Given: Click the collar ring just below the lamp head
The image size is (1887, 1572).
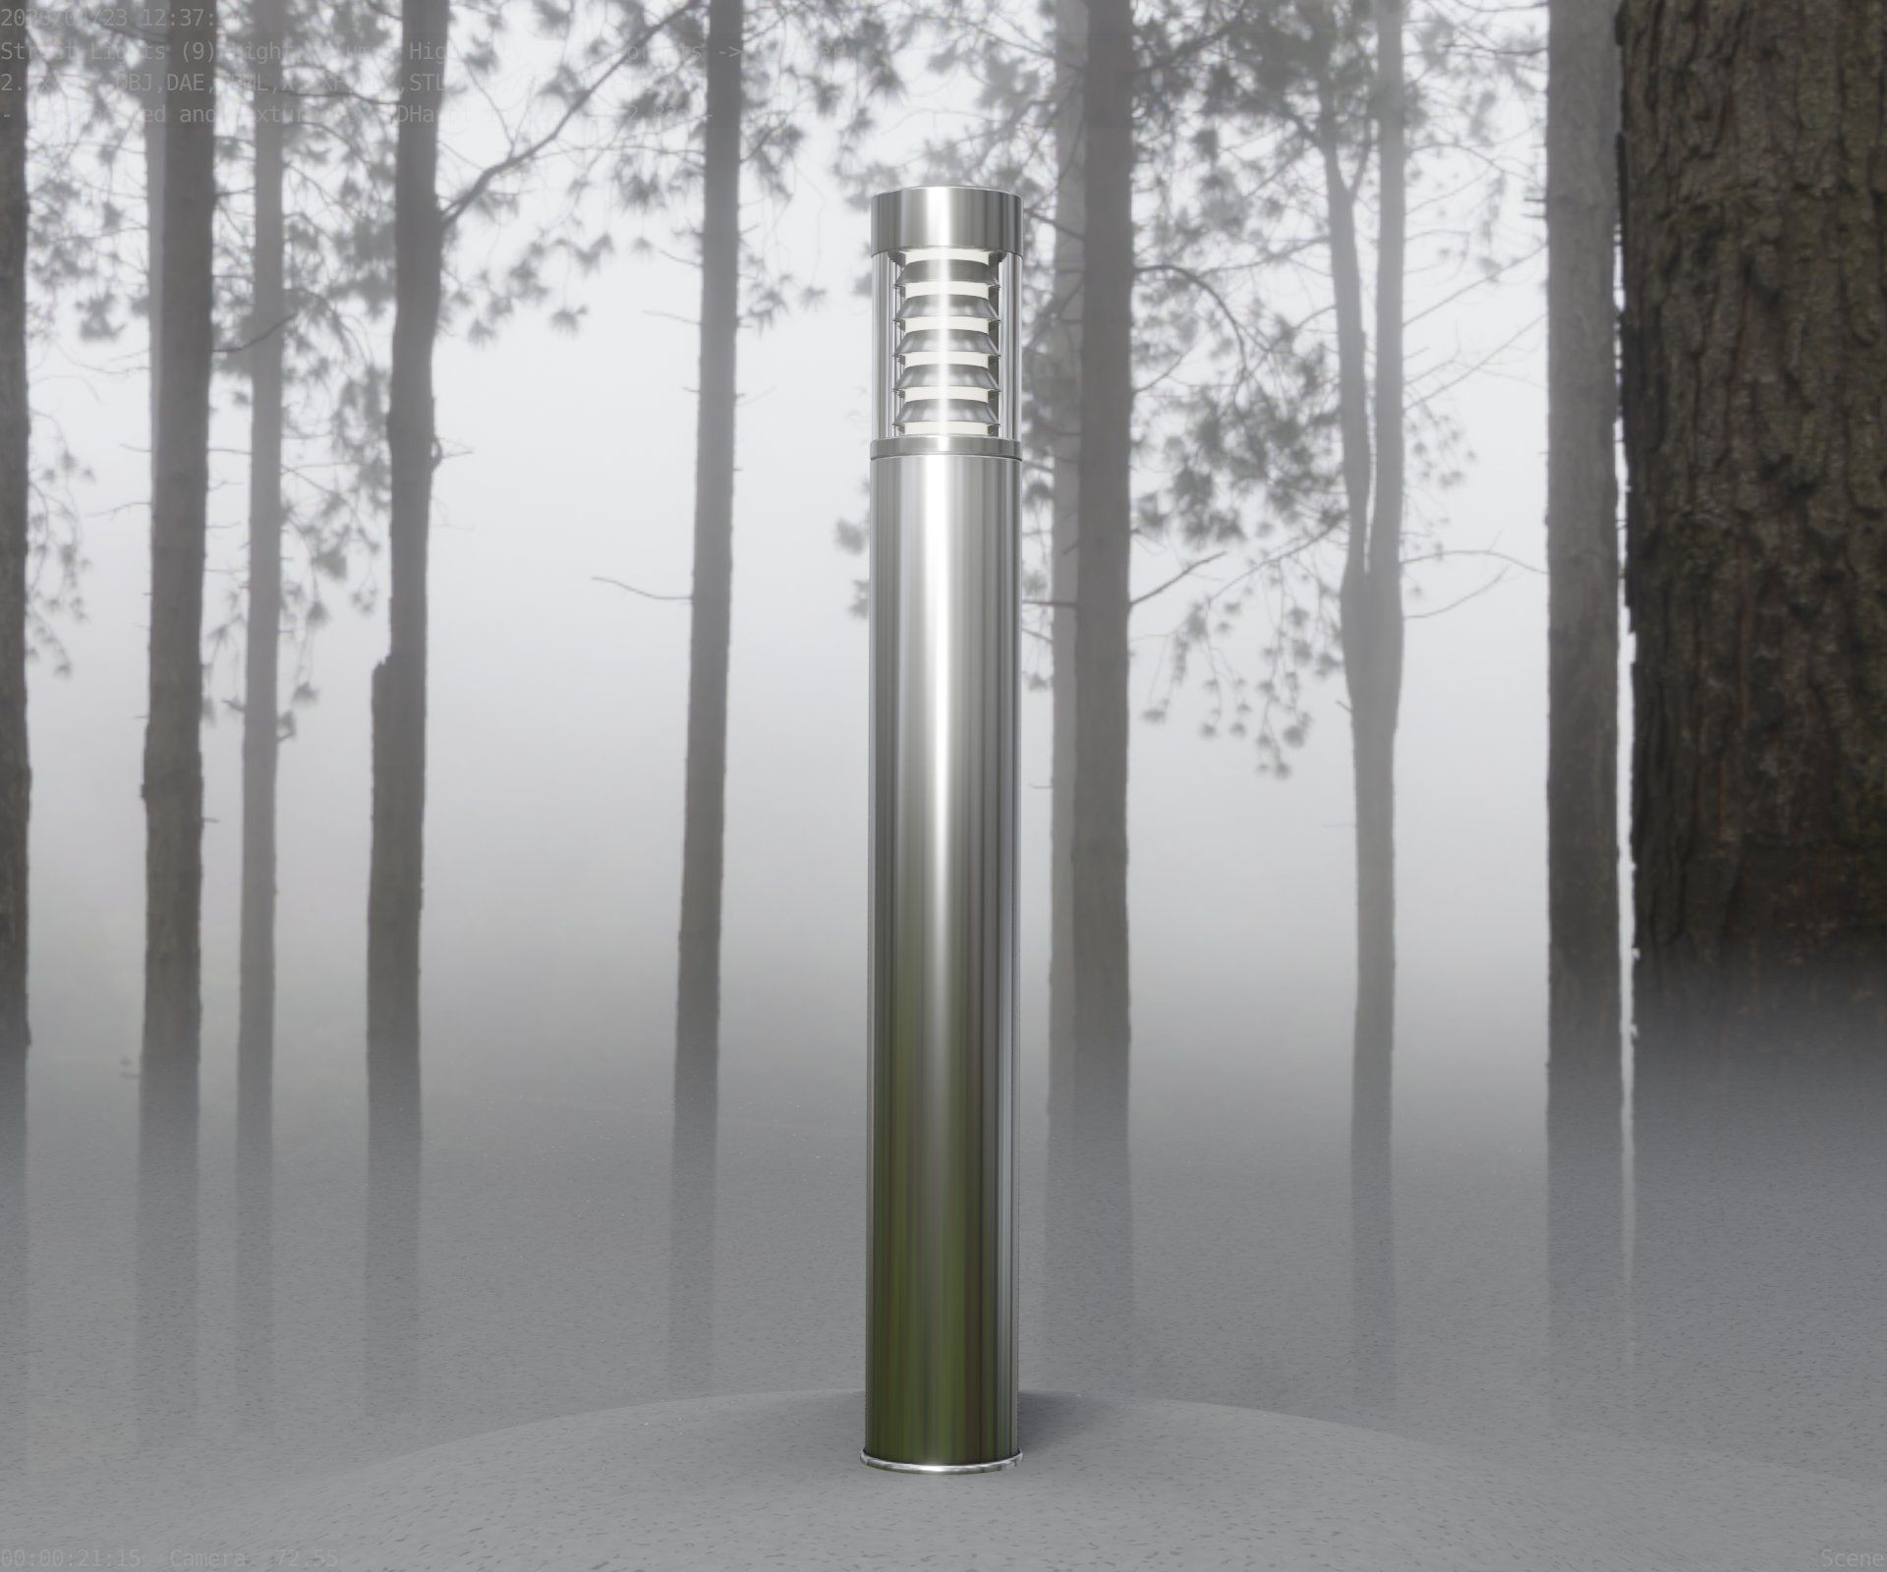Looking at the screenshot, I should [945, 450].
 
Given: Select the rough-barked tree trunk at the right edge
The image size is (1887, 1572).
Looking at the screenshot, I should [1759, 491].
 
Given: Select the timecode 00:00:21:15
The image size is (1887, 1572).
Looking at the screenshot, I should [71, 1558].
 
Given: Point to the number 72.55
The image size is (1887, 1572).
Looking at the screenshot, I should [307, 1558].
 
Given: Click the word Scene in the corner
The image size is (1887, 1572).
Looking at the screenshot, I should [1854, 1558].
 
